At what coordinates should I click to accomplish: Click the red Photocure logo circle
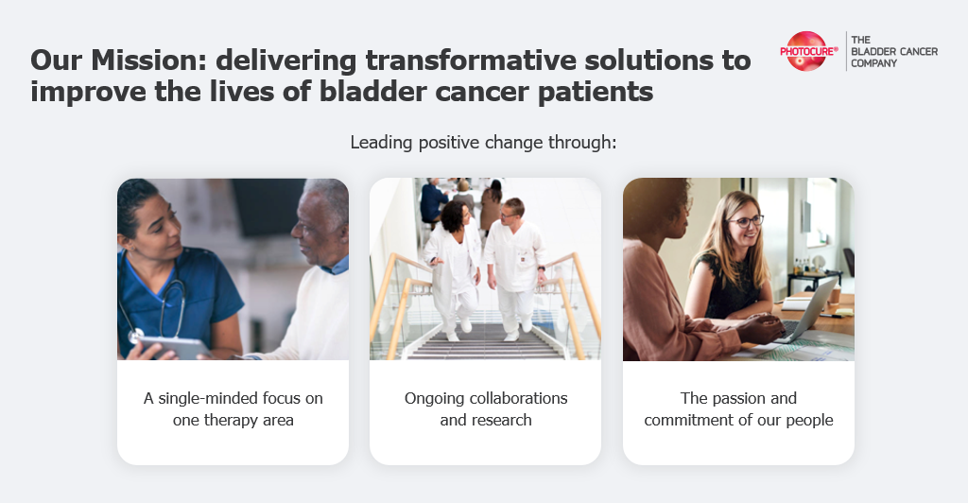tap(805, 51)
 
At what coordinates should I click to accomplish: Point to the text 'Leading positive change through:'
tap(483, 143)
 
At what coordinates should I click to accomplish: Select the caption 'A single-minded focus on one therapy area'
tap(233, 409)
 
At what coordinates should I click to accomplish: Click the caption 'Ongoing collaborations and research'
tap(486, 409)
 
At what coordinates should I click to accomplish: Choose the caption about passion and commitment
tap(738, 409)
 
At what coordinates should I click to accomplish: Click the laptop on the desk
tap(806, 312)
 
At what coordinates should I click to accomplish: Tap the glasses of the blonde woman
tap(745, 221)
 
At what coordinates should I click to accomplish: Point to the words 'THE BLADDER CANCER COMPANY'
tap(894, 51)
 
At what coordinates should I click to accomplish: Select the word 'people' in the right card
tap(809, 422)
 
